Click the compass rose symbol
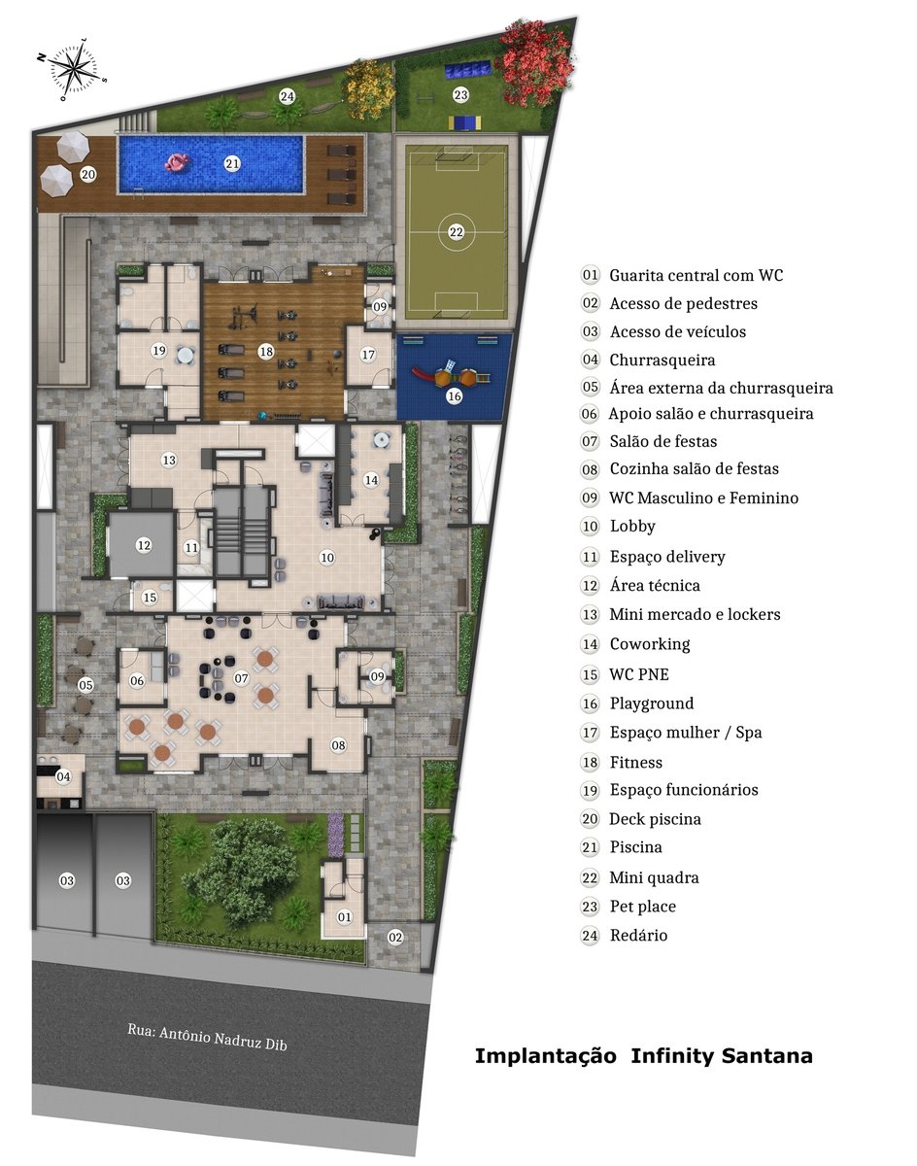pos(73,70)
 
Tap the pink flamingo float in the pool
pos(178,162)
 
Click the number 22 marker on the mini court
pos(456,232)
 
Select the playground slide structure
pos(453,374)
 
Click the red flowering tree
pos(536,62)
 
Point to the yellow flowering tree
pos(369,89)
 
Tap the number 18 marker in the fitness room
pos(266,352)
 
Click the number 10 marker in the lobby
pos(327,558)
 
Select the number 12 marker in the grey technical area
pos(144,545)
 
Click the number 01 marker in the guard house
pos(345,916)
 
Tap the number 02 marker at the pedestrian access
pos(395,938)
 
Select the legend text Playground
pos(652,703)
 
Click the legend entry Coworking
pos(650,644)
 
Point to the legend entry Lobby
pos(632,526)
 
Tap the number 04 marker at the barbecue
pos(63,776)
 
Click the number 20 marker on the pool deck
pos(88,175)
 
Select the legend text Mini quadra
pos(655,877)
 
